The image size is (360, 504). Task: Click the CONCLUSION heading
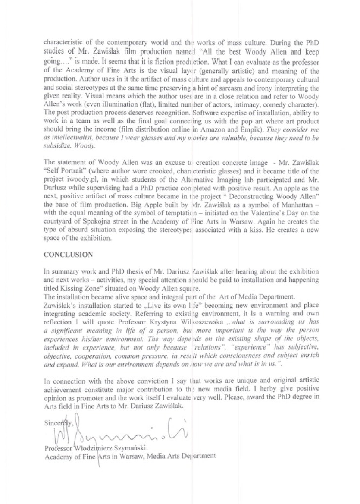[x=68, y=255]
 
